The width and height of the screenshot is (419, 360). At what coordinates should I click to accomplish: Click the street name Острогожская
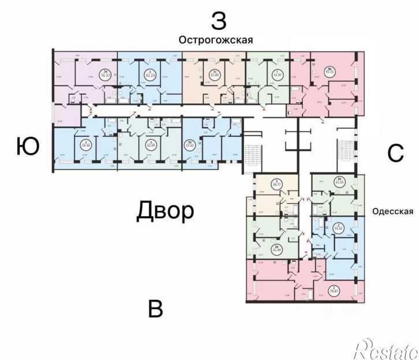click(216, 40)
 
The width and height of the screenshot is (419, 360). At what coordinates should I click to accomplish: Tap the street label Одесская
click(393, 211)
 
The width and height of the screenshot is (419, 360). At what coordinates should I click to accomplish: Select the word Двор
click(165, 211)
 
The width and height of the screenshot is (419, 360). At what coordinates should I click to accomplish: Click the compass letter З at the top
click(218, 21)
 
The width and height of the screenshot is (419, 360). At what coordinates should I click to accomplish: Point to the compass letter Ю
click(28, 147)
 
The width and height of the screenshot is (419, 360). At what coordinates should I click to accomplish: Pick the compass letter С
click(395, 153)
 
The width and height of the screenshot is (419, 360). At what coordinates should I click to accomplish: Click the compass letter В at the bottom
click(155, 309)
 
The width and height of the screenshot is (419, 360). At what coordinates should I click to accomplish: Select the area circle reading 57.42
click(204, 144)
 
